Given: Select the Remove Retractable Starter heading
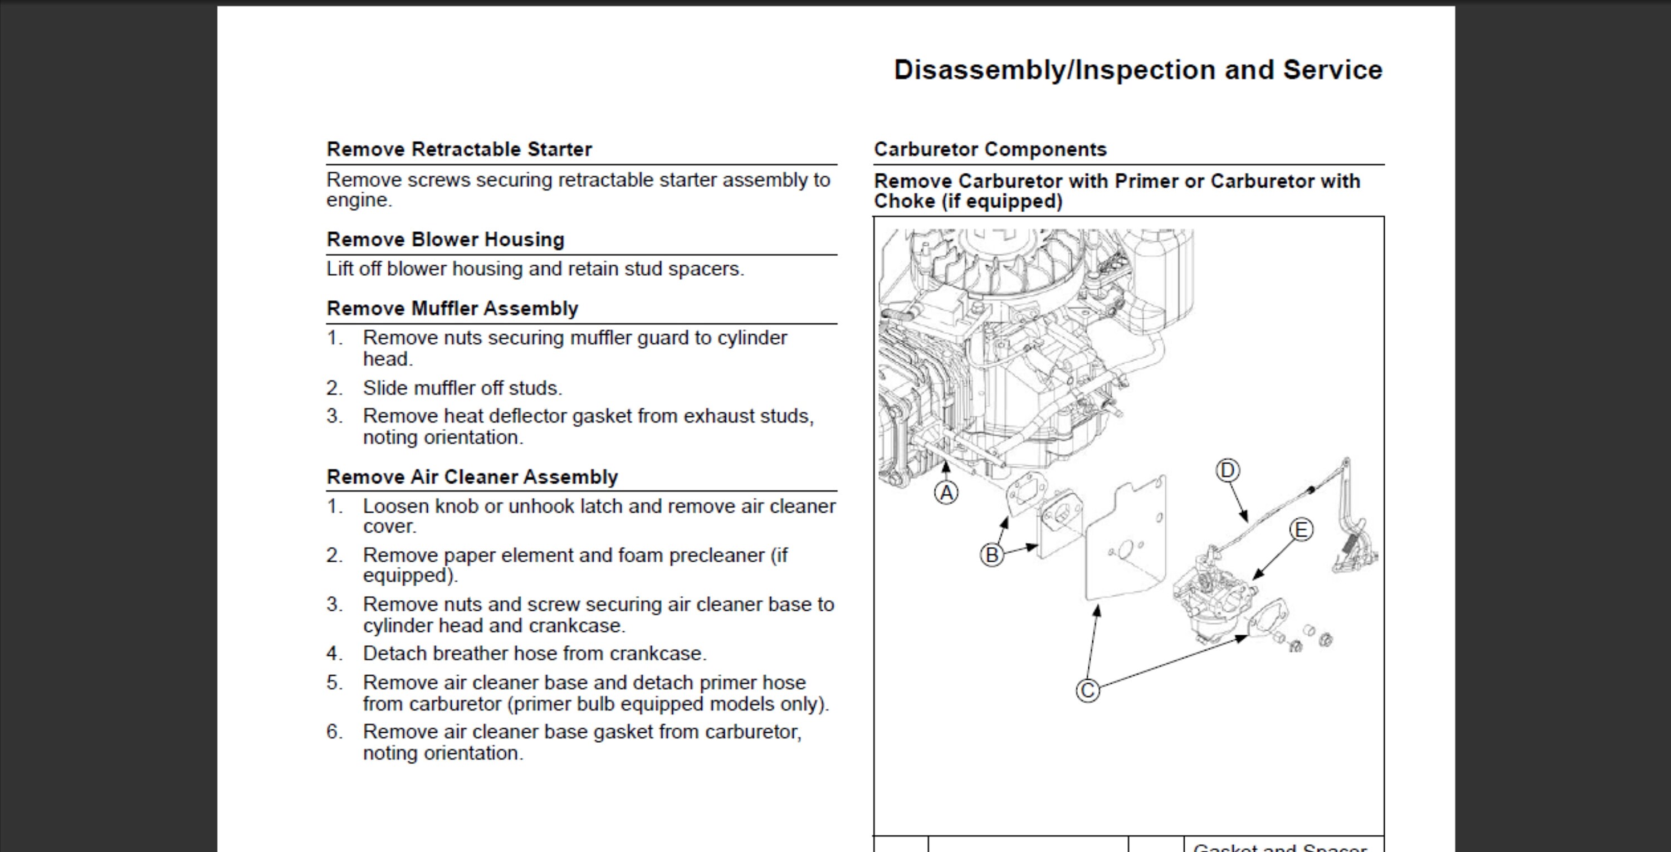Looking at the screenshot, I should pos(458,149).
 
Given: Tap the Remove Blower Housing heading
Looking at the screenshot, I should pos(445,240).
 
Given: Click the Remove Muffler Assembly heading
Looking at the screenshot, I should pos(452,308).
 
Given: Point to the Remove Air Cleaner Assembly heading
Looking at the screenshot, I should pos(472,477).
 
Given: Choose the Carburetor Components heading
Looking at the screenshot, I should pos(989,149).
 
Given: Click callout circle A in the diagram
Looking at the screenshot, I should pos(946,493).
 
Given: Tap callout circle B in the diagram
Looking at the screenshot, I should pos(991,556).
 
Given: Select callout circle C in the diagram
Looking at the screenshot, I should pos(1088,690).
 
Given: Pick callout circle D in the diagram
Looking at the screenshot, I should pos(1227,470).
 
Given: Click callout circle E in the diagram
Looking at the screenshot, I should pos(1301,530).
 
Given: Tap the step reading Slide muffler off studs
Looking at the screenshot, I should pos(462,388).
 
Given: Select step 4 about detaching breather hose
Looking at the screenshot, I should pos(534,654).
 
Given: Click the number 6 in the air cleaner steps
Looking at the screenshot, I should pos(334,732).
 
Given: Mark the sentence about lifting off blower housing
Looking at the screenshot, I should pos(535,269).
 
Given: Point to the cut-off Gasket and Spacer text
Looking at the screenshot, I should pos(1279,847).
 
